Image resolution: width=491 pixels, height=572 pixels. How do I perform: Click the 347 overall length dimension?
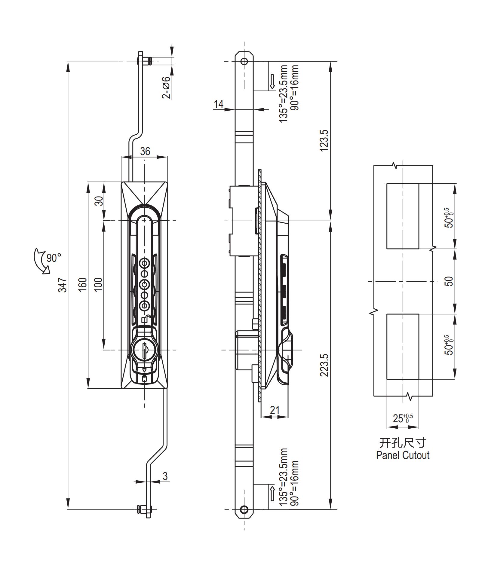pos(62,285)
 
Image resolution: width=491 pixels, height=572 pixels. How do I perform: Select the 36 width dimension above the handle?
pos(145,151)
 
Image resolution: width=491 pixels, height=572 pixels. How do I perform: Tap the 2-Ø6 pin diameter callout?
pos(166,87)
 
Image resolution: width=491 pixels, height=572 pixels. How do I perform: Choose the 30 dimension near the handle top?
pos(99,201)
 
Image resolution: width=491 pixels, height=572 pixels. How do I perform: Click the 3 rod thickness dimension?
pos(165,476)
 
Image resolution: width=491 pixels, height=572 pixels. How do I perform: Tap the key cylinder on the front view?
pos(144,350)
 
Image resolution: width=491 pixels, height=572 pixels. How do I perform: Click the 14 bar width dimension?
pos(219,104)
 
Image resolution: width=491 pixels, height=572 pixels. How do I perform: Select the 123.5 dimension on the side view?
pos(324,141)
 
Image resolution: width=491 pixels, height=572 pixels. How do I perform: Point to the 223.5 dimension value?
pos(324,365)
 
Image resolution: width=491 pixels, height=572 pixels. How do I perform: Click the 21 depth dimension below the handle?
pos(275,410)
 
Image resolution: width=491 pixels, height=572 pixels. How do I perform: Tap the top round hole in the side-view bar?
pos(244,62)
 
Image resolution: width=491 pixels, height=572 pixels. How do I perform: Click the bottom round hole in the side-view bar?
pos(244,509)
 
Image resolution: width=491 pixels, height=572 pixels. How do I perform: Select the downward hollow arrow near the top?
pos(272,81)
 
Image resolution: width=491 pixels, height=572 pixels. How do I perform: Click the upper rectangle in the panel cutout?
pos(402,216)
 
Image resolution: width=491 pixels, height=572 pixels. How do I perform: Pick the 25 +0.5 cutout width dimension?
pos(403,418)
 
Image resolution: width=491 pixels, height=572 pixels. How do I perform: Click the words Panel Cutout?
pos(403,455)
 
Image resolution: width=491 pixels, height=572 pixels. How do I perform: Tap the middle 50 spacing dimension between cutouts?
pos(450,281)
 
